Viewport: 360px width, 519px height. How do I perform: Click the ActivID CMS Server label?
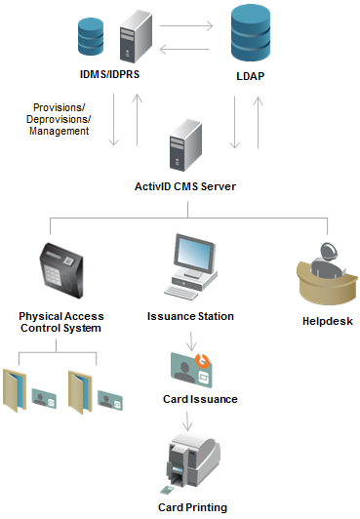tap(185, 185)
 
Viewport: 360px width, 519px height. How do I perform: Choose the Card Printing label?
tap(192, 507)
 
